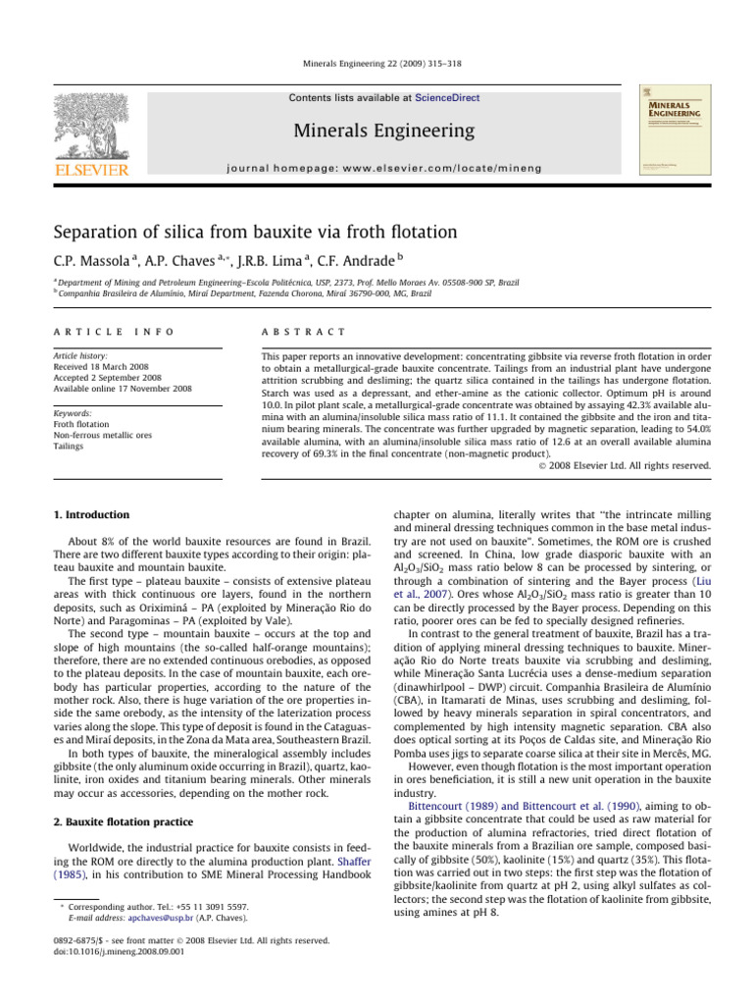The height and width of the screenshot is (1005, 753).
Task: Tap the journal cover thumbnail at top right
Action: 676,132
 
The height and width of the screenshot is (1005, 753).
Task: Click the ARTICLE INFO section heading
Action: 92,333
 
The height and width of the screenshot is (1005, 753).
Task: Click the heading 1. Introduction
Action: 91,513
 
